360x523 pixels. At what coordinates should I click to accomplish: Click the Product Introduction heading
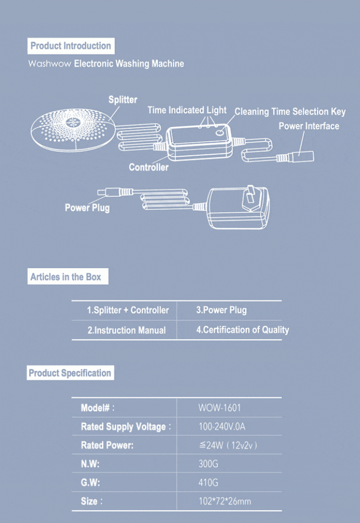pyautogui.click(x=71, y=46)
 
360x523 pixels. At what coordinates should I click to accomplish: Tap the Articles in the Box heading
pyautogui.click(x=66, y=277)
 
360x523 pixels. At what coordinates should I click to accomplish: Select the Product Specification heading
pyautogui.click(x=70, y=373)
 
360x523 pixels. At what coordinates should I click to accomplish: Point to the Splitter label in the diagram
pyautogui.click(x=123, y=100)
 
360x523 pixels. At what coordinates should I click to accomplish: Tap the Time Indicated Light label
pyautogui.click(x=187, y=110)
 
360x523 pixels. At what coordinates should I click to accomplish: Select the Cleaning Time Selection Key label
pyautogui.click(x=290, y=112)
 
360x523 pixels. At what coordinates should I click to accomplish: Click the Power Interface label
pyautogui.click(x=308, y=126)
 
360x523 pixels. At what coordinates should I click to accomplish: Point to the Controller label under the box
pyautogui.click(x=149, y=167)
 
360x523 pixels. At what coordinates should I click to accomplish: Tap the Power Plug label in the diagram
pyautogui.click(x=87, y=208)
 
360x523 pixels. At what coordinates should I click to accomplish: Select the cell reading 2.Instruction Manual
pyautogui.click(x=127, y=330)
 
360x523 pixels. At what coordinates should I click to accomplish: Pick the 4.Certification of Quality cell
pyautogui.click(x=243, y=330)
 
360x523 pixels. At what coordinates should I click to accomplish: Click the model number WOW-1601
pyautogui.click(x=220, y=408)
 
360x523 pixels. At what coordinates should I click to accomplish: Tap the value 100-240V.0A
pyautogui.click(x=222, y=426)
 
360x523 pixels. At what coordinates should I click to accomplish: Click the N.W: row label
pyautogui.click(x=90, y=464)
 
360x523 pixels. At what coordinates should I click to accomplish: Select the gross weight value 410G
pyautogui.click(x=208, y=483)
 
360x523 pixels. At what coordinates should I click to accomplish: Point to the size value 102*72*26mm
pyautogui.click(x=225, y=501)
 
